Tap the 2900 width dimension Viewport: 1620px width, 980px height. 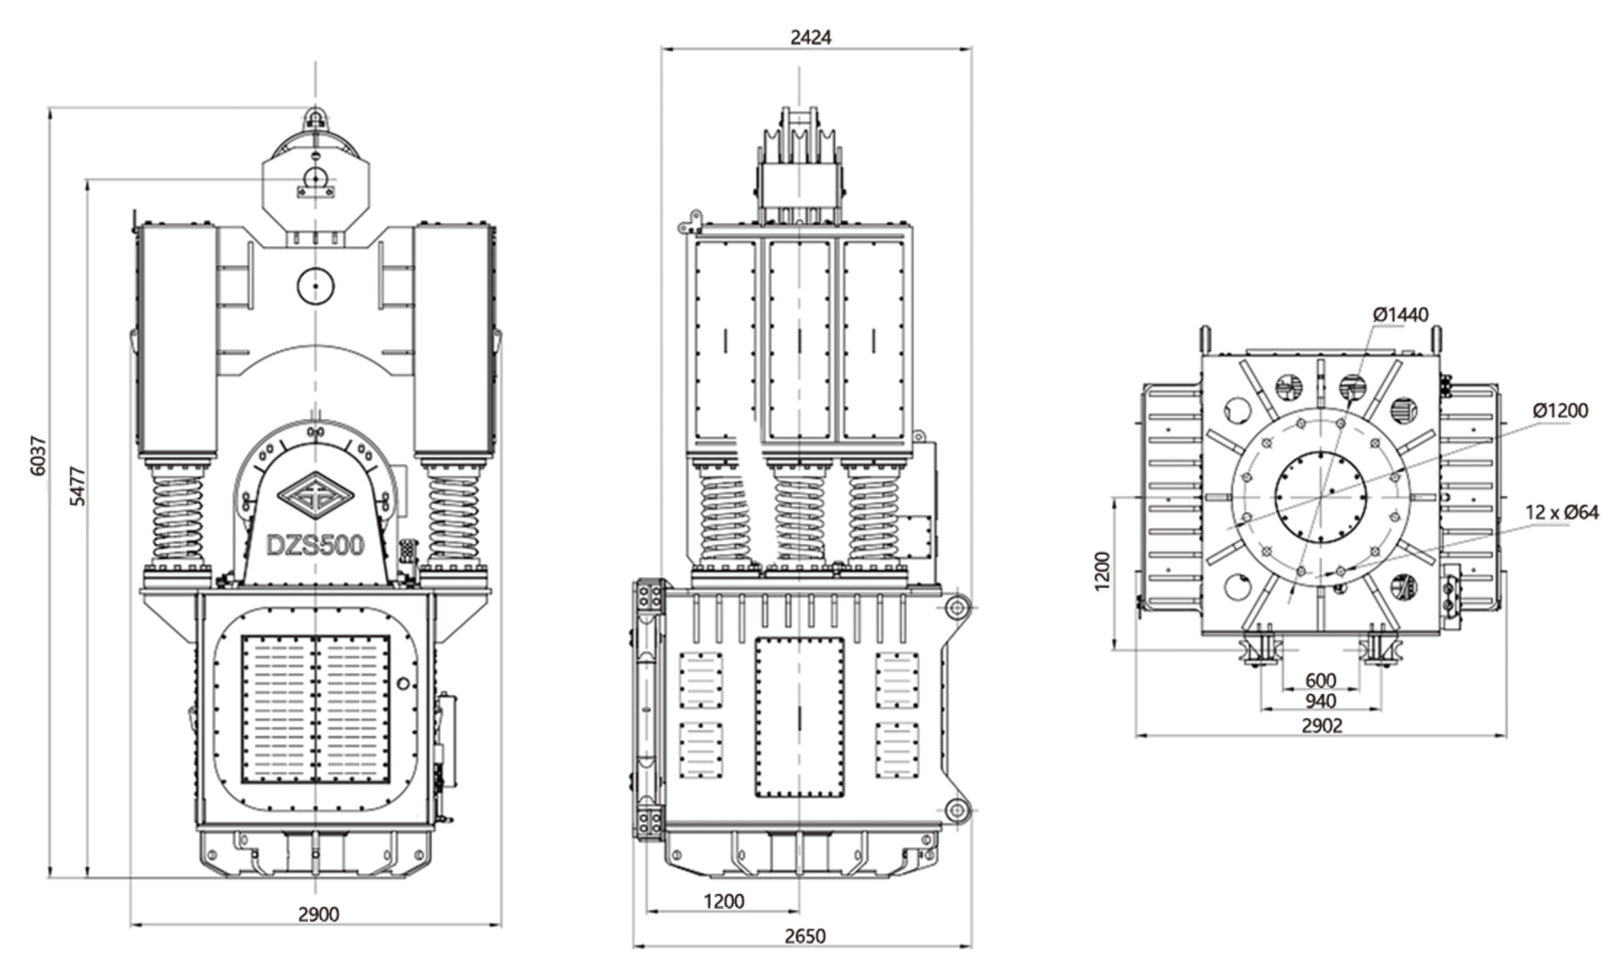[x=318, y=913]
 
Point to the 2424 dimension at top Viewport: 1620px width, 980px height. [x=811, y=37]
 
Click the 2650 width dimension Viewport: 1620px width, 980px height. [x=805, y=936]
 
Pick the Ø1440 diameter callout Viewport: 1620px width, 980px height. [x=1401, y=315]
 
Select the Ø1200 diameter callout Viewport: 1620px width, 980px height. [x=1559, y=411]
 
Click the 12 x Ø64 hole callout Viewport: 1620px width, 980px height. [x=1561, y=512]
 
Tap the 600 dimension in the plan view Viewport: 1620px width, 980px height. [x=1320, y=680]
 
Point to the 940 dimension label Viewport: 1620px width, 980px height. [x=1320, y=701]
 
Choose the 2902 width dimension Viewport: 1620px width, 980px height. [x=1321, y=725]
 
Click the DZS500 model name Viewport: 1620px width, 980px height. [x=315, y=546]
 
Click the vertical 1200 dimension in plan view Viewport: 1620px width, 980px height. [x=1103, y=570]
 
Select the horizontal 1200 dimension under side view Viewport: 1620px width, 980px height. [x=724, y=901]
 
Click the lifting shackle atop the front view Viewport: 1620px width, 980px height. [x=316, y=120]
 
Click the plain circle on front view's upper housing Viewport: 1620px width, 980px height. [x=316, y=286]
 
